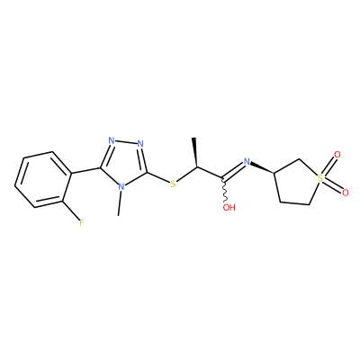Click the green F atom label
pos(81,222)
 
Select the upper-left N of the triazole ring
pos(112,140)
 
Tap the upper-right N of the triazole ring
pos(140,144)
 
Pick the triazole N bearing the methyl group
pos(121,186)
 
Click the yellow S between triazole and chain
pos(173,184)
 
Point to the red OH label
pos(229,207)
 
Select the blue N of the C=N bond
pos(247,162)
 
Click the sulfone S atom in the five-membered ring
pos(320,178)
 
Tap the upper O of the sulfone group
pos(337,155)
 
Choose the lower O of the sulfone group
pos(345,193)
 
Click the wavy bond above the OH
pos(224,191)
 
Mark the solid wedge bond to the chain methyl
pos(195,152)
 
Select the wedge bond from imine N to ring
pos(262,168)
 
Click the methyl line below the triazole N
pos(120,203)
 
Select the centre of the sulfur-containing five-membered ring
pos(297,184)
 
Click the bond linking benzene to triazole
pos(86,170)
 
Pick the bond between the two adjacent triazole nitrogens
pos(126,142)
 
